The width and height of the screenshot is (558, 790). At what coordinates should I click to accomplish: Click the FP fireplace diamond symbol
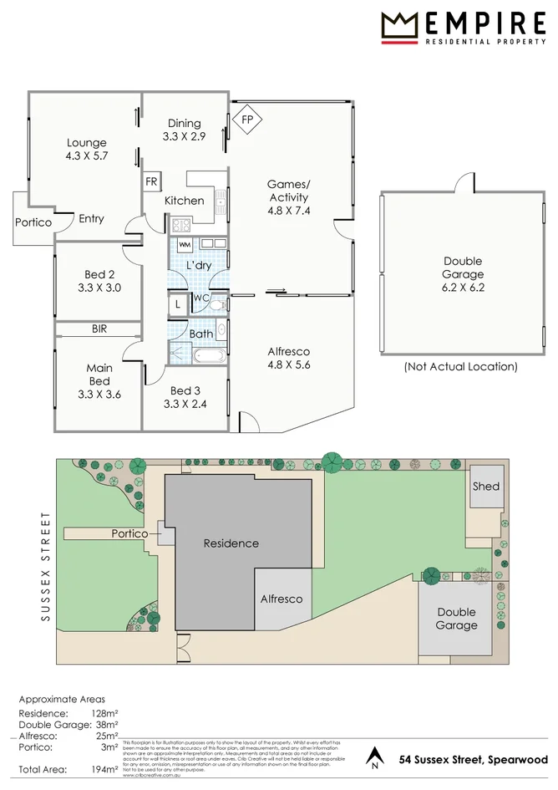[x=246, y=120]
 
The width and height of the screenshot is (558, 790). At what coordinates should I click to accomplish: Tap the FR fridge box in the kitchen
[x=152, y=181]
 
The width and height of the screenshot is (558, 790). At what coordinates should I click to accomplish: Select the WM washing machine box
[x=185, y=243]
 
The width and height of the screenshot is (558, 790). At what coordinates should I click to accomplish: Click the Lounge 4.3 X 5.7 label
[x=87, y=149]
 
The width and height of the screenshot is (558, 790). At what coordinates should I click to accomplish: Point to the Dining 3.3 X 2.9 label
[x=184, y=130]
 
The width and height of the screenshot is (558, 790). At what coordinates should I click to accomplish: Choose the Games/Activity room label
[x=288, y=197]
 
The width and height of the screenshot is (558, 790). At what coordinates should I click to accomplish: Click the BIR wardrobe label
[x=99, y=329]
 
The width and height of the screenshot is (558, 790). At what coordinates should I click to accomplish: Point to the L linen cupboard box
[x=178, y=305]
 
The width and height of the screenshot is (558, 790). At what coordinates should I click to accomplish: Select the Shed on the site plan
[x=485, y=486]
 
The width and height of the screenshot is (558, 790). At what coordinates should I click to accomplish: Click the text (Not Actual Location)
[x=461, y=366]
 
